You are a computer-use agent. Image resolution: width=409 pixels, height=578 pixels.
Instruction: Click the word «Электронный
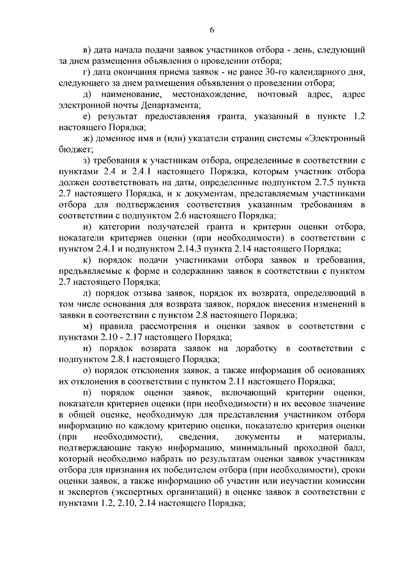pyautogui.click(x=336, y=137)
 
